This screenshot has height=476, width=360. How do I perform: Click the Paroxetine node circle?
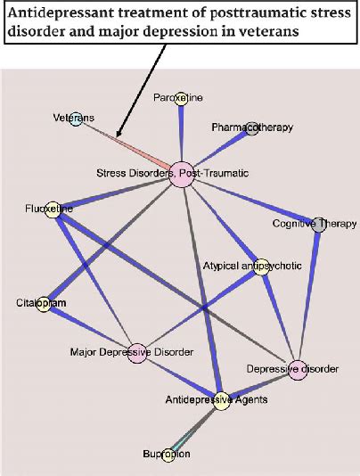coord(181,99)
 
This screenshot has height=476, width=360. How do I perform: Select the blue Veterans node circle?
coord(76,119)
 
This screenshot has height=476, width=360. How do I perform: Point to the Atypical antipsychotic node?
coord(262,267)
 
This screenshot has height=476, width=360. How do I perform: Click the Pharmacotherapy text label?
coord(252,128)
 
